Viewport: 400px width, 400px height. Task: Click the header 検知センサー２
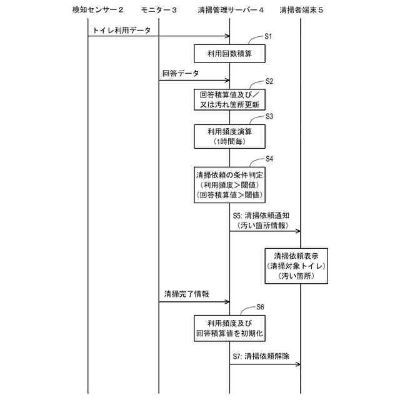(98, 10)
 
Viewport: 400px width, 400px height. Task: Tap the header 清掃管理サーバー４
(230, 10)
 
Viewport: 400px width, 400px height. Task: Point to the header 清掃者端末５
(301, 10)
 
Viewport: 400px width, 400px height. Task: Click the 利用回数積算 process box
(229, 54)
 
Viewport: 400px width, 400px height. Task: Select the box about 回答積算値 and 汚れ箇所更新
(229, 99)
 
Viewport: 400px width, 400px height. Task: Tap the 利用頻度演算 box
(229, 136)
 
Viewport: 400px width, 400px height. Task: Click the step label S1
(268, 36)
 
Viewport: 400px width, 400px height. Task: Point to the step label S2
(269, 81)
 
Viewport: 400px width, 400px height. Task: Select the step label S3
(269, 116)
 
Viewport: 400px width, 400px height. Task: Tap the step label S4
(269, 159)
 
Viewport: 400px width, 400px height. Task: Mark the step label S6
(261, 307)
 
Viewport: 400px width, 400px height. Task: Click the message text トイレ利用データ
(121, 29)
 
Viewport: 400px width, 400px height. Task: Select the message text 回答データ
(181, 74)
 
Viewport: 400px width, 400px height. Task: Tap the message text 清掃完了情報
(187, 294)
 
